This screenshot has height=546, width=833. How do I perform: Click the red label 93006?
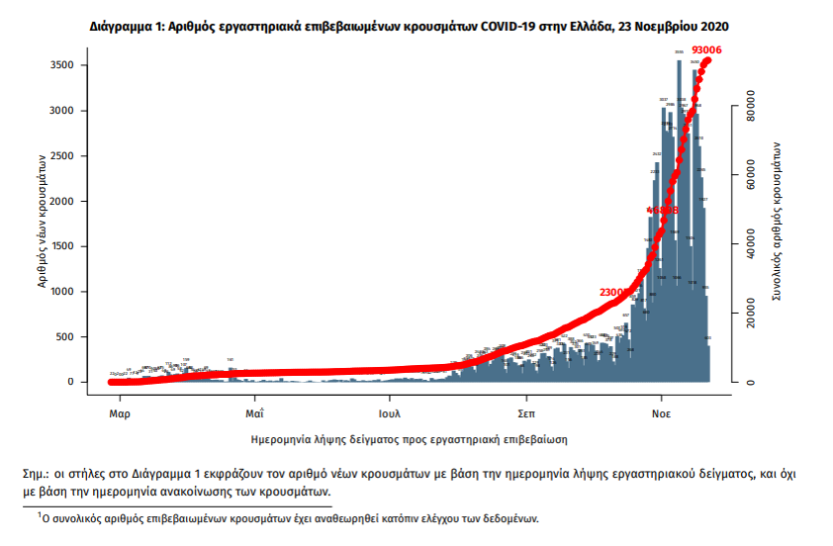tap(706, 48)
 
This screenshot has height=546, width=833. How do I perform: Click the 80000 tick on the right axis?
tap(751, 106)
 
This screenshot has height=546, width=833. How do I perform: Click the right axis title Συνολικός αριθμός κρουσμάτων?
tap(779, 221)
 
